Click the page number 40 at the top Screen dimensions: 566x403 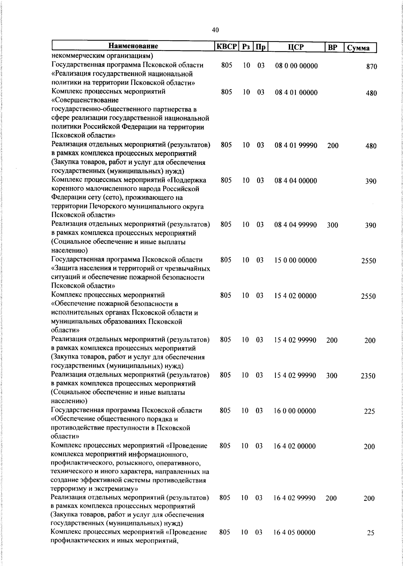point(216,30)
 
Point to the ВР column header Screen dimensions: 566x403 point(332,47)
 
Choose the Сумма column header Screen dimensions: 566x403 point(358,48)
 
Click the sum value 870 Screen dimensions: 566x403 point(371,66)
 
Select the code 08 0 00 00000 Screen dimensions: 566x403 point(296,66)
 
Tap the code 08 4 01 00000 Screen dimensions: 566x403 point(296,92)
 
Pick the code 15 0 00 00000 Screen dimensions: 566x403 point(295,260)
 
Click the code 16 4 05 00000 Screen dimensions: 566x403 point(294,532)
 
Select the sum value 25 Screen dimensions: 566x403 point(370,533)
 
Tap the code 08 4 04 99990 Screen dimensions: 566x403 point(296,225)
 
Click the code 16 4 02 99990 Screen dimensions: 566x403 point(295,498)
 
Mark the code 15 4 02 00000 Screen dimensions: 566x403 point(295,296)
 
